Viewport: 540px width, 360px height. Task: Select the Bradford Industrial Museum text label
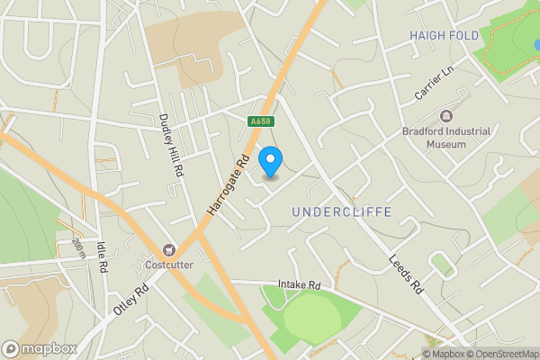[x=446, y=137]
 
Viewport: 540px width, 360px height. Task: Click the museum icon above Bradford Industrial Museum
[x=446, y=114]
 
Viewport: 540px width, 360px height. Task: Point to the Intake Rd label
[x=300, y=283]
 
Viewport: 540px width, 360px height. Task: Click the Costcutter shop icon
[x=167, y=249]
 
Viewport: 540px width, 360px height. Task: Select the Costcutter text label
[x=168, y=265]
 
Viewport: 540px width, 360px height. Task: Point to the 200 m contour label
[x=79, y=247]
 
